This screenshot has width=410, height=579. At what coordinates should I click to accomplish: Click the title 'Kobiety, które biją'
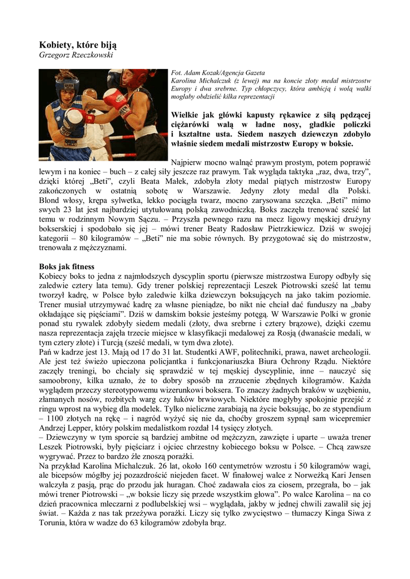78,45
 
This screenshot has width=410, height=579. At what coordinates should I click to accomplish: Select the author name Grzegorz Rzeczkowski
76,55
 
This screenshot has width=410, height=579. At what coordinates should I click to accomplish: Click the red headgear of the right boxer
133,79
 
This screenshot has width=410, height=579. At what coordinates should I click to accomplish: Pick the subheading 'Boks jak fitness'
66,266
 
